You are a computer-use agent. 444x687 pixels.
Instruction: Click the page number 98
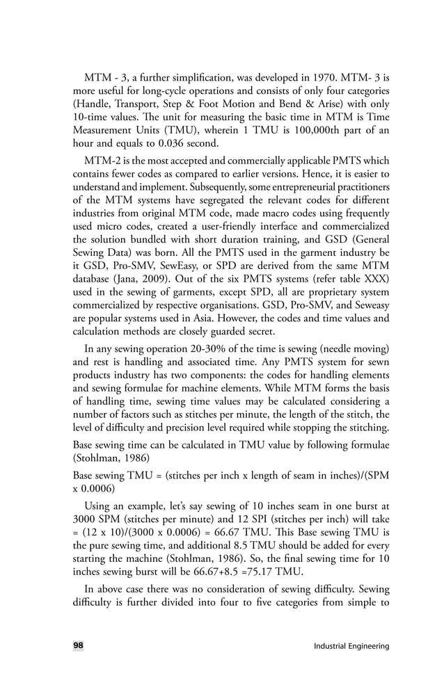(x=78, y=646)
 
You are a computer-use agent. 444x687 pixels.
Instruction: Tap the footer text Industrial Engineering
(x=351, y=647)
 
